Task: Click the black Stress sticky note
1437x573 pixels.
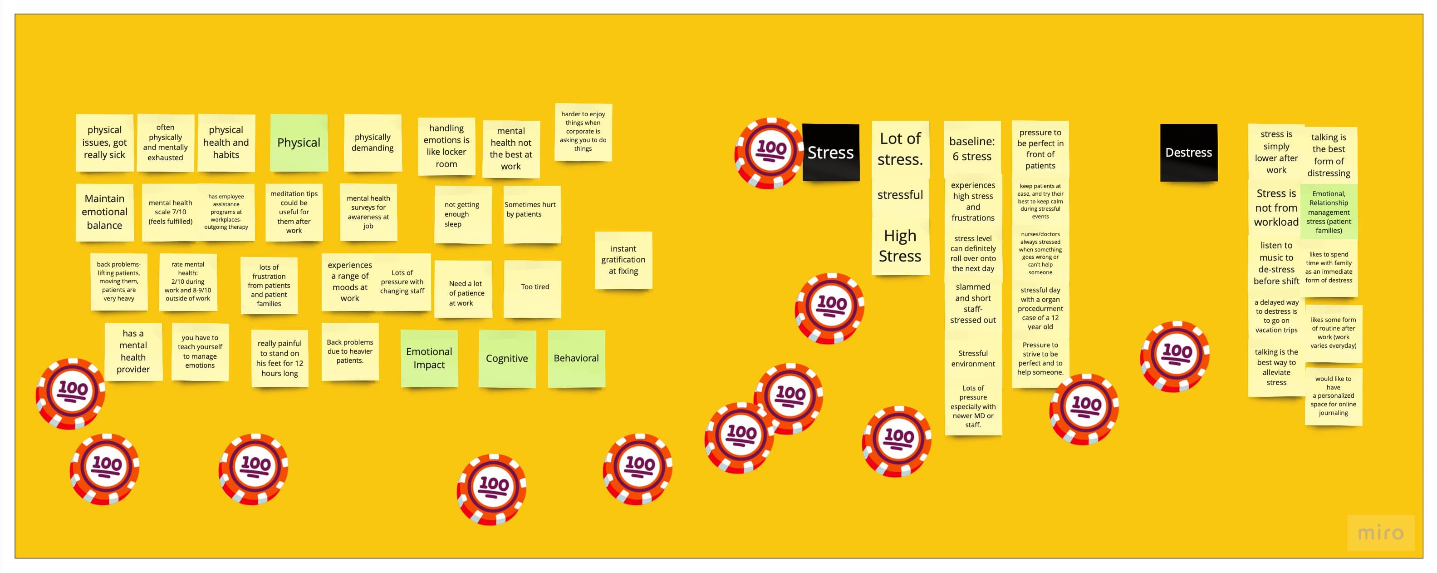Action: point(831,153)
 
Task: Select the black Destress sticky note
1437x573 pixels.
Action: point(1188,153)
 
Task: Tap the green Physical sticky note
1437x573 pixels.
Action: point(299,143)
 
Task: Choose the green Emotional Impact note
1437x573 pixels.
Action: point(428,358)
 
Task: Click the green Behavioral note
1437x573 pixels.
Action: point(576,358)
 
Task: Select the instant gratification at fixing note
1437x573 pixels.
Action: point(623,260)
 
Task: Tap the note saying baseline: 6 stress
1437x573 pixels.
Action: point(972,149)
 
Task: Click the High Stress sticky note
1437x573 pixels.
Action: point(900,246)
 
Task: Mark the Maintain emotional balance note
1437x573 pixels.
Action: point(104,212)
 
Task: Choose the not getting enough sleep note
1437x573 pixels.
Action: point(462,214)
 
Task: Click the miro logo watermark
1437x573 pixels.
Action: point(1380,533)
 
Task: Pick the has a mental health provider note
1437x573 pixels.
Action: point(133,351)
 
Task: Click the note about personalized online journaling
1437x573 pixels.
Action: point(1333,396)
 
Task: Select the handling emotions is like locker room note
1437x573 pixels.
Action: point(446,146)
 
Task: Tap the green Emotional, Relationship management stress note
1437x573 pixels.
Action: point(1328,212)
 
